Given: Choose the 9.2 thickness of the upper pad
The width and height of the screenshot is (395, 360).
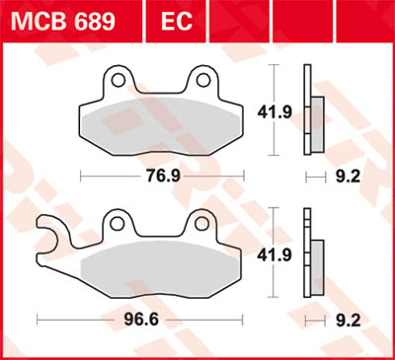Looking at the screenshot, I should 345,179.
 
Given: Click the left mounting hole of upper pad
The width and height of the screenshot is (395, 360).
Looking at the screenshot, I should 118,79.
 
